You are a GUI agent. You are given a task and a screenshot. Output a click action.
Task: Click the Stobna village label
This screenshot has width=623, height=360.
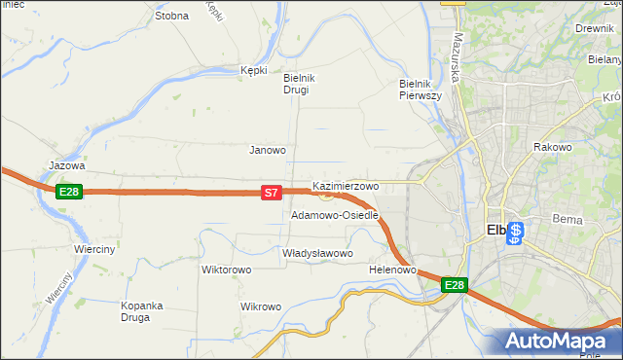click(171, 16)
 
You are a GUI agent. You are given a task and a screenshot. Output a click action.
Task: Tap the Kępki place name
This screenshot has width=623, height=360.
click(253, 70)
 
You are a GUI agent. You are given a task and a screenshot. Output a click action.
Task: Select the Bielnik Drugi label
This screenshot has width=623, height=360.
click(296, 84)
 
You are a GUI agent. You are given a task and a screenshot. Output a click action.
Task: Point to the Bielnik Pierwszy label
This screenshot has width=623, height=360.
click(421, 90)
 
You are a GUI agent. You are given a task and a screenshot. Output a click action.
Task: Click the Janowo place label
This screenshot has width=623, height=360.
click(268, 150)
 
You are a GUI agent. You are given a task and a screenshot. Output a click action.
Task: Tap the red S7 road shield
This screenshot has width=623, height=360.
click(273, 194)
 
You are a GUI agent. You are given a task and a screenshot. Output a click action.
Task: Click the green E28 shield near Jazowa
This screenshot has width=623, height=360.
click(68, 192)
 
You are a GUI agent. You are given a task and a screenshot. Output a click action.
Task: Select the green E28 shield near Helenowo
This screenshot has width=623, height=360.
click(455, 285)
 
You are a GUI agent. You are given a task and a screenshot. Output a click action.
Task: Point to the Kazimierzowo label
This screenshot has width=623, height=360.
click(346, 185)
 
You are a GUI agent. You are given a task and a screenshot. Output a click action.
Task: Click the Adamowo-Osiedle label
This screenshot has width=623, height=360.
click(334, 215)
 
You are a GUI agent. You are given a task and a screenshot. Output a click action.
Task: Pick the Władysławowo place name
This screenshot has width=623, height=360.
click(316, 253)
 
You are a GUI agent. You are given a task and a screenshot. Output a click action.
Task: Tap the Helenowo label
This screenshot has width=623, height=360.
click(393, 270)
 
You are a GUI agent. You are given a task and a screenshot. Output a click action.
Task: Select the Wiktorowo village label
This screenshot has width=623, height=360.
click(226, 270)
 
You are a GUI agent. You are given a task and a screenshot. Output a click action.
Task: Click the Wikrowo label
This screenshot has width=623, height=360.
click(260, 306)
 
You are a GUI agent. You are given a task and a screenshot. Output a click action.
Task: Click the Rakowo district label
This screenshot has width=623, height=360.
click(552, 147)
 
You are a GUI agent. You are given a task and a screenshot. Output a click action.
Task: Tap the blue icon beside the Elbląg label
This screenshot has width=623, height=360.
click(516, 234)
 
